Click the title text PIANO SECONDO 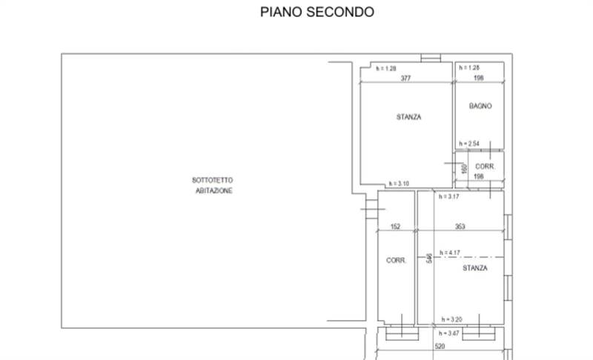coord(317,12)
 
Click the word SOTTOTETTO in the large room coord(213,180)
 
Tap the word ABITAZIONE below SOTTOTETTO coord(214,190)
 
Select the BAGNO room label coord(480,106)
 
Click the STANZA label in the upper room coord(408,117)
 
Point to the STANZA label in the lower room coord(475,268)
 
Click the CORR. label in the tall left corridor coord(395,261)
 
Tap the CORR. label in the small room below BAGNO coord(485,167)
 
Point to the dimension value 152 coord(395,227)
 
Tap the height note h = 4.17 coord(451,253)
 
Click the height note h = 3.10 coord(399,184)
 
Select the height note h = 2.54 coord(470,144)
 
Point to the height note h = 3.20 coord(451,319)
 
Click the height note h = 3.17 coord(450,197)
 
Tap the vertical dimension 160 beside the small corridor coord(464,169)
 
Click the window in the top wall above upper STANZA coord(430,58)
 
